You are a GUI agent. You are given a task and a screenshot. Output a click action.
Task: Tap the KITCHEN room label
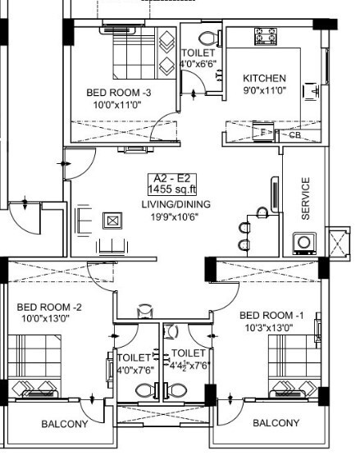click(264, 79)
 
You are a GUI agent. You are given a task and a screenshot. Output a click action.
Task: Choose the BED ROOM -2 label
click(49, 307)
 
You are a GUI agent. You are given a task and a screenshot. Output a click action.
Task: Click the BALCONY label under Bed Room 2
click(65, 424)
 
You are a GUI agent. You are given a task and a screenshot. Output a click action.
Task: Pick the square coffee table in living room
click(112, 220)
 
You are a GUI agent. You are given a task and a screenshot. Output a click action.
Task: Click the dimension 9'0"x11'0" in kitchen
click(264, 92)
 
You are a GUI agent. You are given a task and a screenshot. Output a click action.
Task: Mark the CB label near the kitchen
click(294, 135)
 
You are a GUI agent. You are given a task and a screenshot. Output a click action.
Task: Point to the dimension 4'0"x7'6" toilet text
click(134, 369)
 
